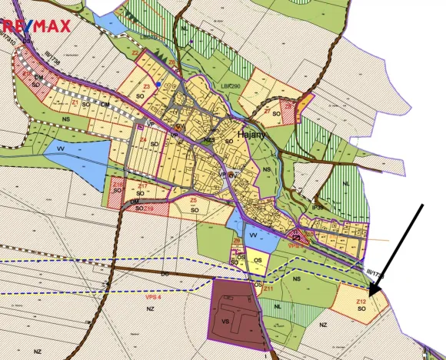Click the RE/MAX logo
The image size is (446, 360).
coord(37,25)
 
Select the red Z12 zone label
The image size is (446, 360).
coord(361,301)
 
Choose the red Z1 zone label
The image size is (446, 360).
coord(75,101)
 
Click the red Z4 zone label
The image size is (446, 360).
coord(144,139)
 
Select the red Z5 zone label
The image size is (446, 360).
coord(194,200)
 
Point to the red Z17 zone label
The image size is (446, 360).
coord(141,186)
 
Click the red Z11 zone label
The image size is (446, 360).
coord(268,289)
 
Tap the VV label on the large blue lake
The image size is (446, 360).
coord(61,152)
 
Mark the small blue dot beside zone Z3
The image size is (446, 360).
coord(158,84)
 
